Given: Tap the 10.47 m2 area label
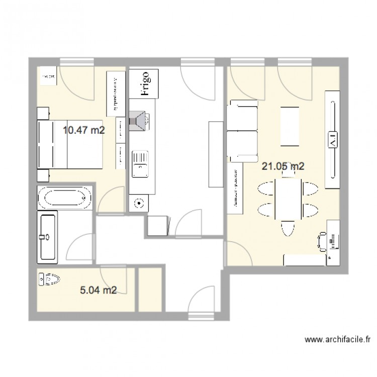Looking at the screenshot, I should [83, 131].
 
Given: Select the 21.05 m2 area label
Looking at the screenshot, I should [283, 167].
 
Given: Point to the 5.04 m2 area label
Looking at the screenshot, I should [99, 290].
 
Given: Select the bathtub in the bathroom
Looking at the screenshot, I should [64, 198].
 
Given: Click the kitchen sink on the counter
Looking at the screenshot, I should [140, 164].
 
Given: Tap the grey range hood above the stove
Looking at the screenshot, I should [139, 121].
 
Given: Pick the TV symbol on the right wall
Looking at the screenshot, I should [332, 139].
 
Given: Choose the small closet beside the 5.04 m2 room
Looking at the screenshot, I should [150, 290].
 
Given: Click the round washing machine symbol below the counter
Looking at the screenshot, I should [139, 204].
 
